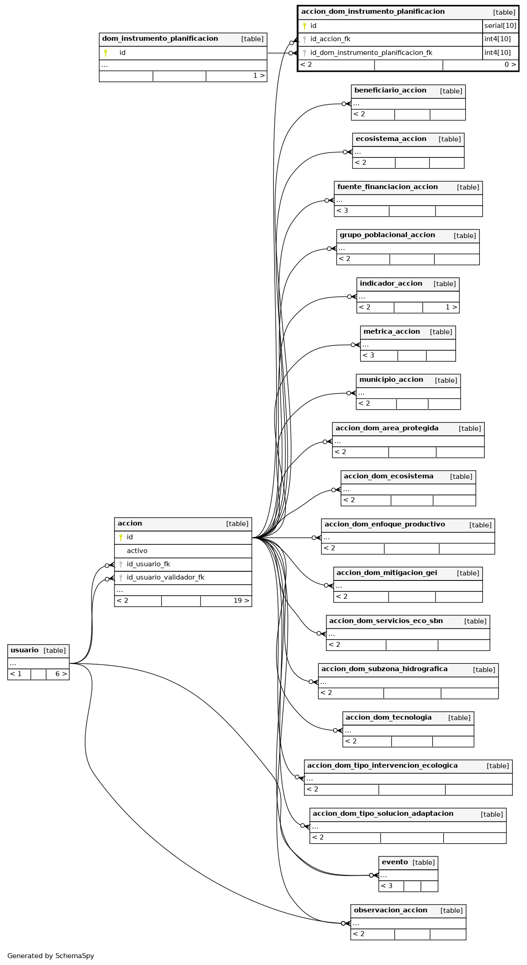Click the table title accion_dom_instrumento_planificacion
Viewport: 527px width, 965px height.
pos(373,12)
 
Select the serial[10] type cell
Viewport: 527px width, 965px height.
pos(500,26)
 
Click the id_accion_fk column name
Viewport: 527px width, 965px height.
pos(330,39)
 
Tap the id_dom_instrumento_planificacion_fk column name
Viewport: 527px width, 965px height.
pos(371,53)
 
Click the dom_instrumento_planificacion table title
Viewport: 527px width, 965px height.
pos(160,39)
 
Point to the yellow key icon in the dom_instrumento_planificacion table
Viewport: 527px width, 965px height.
pos(105,53)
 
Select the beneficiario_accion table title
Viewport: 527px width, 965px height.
pos(390,91)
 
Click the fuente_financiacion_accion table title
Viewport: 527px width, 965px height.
pos(387,187)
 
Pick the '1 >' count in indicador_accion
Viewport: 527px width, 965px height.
pos(451,307)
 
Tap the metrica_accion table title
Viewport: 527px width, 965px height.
pos(391,332)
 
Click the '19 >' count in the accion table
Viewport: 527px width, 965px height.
pos(241,601)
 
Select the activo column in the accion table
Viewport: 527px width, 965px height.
pos(137,551)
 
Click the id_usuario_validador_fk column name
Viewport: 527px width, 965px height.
pos(165,578)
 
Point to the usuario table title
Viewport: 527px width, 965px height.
pos(24,651)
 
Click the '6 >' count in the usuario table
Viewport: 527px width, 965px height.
pos(61,674)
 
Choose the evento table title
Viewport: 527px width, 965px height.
pos(395,862)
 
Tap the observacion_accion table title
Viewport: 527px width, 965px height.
pos(391,911)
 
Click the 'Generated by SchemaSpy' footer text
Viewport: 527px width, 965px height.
pos(50,956)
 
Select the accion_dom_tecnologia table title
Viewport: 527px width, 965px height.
pos(389,718)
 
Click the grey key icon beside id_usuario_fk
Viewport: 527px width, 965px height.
pos(121,564)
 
